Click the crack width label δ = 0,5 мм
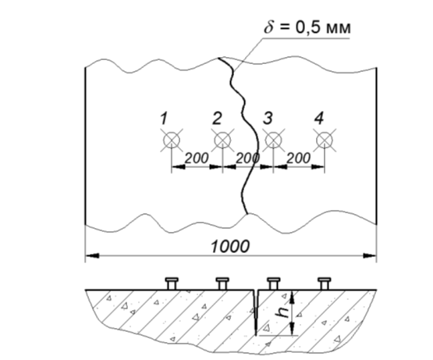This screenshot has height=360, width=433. click(307, 27)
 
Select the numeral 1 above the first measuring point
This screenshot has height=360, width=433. click(164, 119)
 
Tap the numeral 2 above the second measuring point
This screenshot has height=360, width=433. click(217, 119)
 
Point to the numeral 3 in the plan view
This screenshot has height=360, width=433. click(268, 119)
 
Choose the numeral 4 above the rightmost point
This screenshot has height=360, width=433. click(319, 119)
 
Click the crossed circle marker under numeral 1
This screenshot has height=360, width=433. click(172, 141)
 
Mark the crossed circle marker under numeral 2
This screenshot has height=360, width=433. click(222, 141)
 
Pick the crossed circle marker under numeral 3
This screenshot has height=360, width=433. click(273, 141)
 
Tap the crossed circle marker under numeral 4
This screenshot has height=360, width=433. click(325, 141)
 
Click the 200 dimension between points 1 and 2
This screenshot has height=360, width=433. click(197, 159)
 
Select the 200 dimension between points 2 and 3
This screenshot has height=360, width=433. click(247, 159)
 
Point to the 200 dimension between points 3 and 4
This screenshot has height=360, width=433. click(299, 159)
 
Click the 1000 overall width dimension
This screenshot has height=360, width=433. click(230, 246)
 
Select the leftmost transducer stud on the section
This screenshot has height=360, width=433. click(172, 283)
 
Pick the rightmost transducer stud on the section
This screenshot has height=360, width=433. click(325, 283)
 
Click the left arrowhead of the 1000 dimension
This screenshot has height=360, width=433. click(92, 256)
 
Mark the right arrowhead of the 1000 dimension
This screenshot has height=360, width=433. click(370, 256)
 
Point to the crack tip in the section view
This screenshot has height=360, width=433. click(256, 335)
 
